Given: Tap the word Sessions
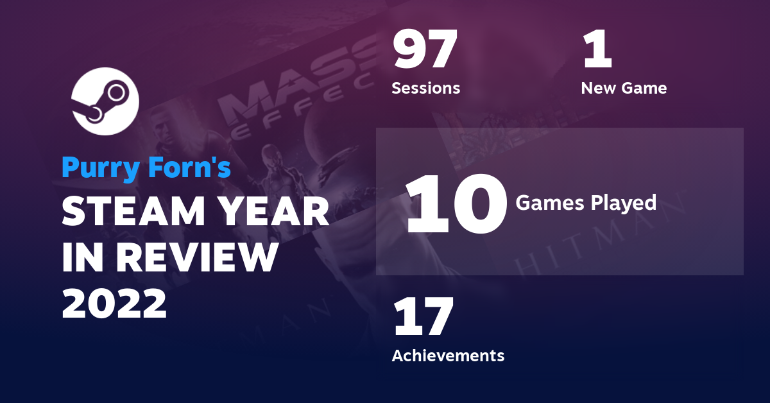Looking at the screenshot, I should pos(426,88).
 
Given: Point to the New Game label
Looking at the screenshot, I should pos(624,88).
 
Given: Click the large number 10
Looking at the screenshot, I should pos(452,204).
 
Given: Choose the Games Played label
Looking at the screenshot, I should pos(586,203).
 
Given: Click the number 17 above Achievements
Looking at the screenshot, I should pos(424,317).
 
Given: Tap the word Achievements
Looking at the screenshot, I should pos(448,355).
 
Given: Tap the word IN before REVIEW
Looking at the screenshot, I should pos(82,257).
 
